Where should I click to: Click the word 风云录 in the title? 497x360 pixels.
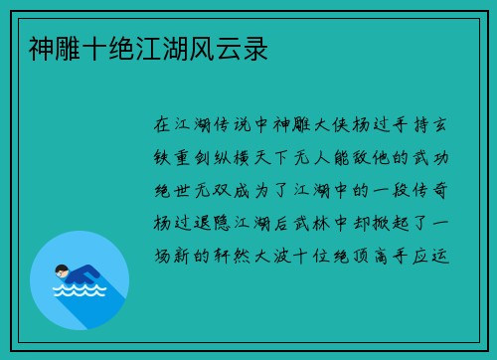click(243, 47)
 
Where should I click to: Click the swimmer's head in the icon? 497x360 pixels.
click(63, 270)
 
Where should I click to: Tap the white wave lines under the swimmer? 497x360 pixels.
click(79, 292)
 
